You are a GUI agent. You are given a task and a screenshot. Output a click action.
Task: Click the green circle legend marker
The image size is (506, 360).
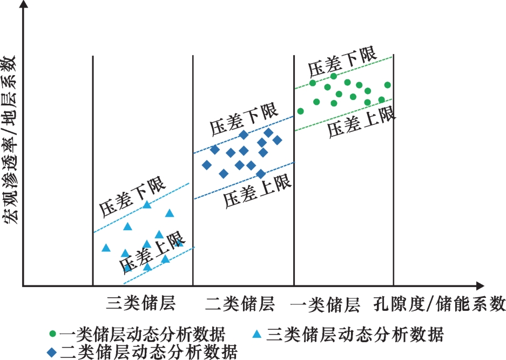[52, 334]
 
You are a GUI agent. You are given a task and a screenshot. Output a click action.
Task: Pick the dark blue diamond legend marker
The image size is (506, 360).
[52, 352]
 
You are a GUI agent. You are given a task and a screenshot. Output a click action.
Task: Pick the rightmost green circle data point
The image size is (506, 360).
[388, 85]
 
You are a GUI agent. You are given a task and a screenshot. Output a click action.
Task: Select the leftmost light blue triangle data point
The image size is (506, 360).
[106, 248]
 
